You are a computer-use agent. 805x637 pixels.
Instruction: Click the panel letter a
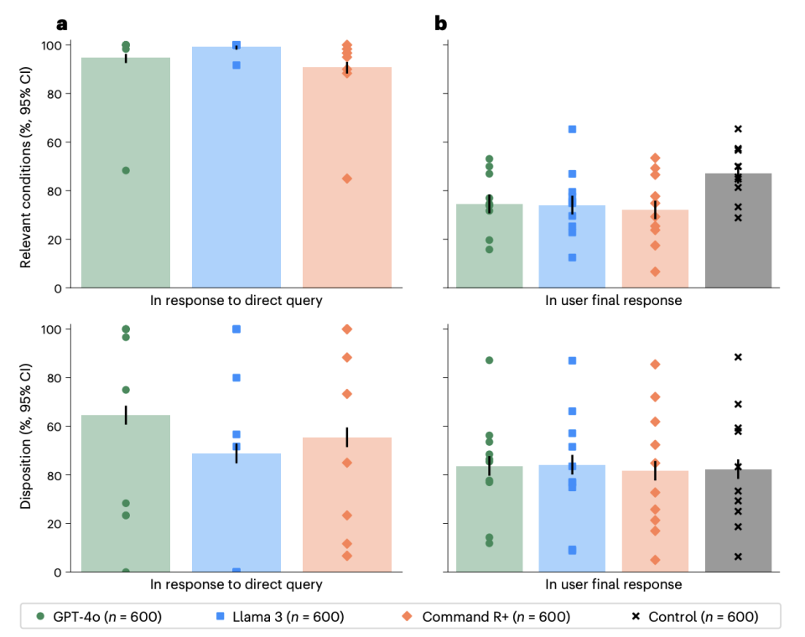tap(61, 23)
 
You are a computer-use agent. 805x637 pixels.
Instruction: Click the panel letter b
tap(440, 23)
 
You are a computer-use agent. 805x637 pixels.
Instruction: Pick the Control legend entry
tap(694, 617)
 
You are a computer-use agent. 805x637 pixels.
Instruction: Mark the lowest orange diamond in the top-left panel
tap(347, 179)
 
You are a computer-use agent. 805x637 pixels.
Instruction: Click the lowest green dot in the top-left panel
tap(126, 170)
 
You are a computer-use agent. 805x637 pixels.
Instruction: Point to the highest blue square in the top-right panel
tap(572, 129)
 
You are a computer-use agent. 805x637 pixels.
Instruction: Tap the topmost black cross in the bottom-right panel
tap(738, 357)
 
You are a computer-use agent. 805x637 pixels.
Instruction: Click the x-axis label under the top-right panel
tap(613, 300)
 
